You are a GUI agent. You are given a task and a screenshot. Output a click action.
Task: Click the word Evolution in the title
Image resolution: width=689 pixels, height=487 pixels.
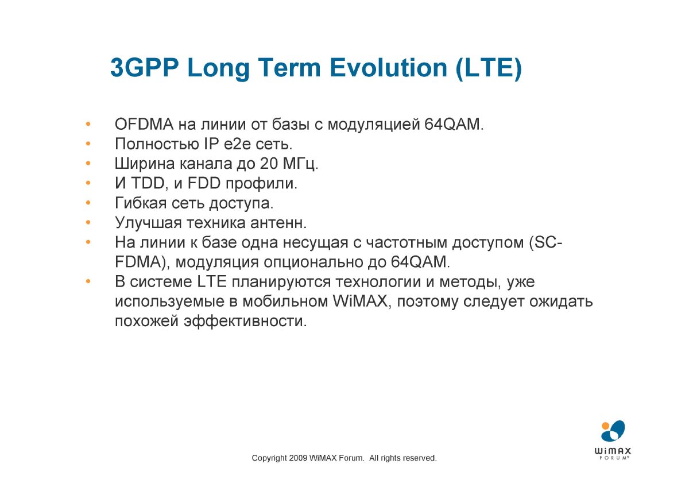click(388, 68)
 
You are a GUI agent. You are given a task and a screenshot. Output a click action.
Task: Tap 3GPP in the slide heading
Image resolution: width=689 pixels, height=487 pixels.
click(145, 68)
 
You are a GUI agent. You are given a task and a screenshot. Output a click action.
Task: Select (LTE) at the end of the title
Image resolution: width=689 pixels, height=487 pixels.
click(489, 68)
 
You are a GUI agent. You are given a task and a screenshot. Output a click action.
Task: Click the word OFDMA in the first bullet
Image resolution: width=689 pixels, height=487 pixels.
click(144, 125)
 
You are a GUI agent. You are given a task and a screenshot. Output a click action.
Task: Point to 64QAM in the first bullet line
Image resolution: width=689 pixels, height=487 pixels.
click(454, 125)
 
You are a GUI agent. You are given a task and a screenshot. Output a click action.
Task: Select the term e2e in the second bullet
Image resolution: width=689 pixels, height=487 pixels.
click(237, 144)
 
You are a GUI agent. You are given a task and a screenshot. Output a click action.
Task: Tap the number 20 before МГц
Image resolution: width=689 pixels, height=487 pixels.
click(269, 164)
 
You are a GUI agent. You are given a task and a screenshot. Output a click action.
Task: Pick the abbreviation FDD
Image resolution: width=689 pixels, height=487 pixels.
click(204, 184)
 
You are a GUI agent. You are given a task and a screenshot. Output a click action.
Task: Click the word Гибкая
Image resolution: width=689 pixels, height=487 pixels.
click(141, 203)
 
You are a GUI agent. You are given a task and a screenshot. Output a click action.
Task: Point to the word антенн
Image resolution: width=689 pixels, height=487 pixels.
click(278, 223)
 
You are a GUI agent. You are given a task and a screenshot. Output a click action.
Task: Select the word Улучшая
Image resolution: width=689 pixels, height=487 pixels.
click(148, 223)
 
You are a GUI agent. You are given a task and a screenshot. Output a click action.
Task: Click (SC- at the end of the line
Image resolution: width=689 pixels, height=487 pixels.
click(545, 243)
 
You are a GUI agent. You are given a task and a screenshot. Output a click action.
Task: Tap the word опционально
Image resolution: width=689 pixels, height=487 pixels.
click(313, 262)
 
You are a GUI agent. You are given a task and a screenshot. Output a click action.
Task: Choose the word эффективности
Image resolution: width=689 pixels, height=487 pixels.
click(245, 322)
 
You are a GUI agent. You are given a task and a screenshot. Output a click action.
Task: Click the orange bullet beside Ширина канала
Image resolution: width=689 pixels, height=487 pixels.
click(88, 163)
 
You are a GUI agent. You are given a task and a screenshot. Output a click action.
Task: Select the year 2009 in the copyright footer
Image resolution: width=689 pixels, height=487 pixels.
click(298, 458)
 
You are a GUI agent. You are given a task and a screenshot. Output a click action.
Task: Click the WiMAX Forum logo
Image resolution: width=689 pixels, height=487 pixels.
click(613, 440)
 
